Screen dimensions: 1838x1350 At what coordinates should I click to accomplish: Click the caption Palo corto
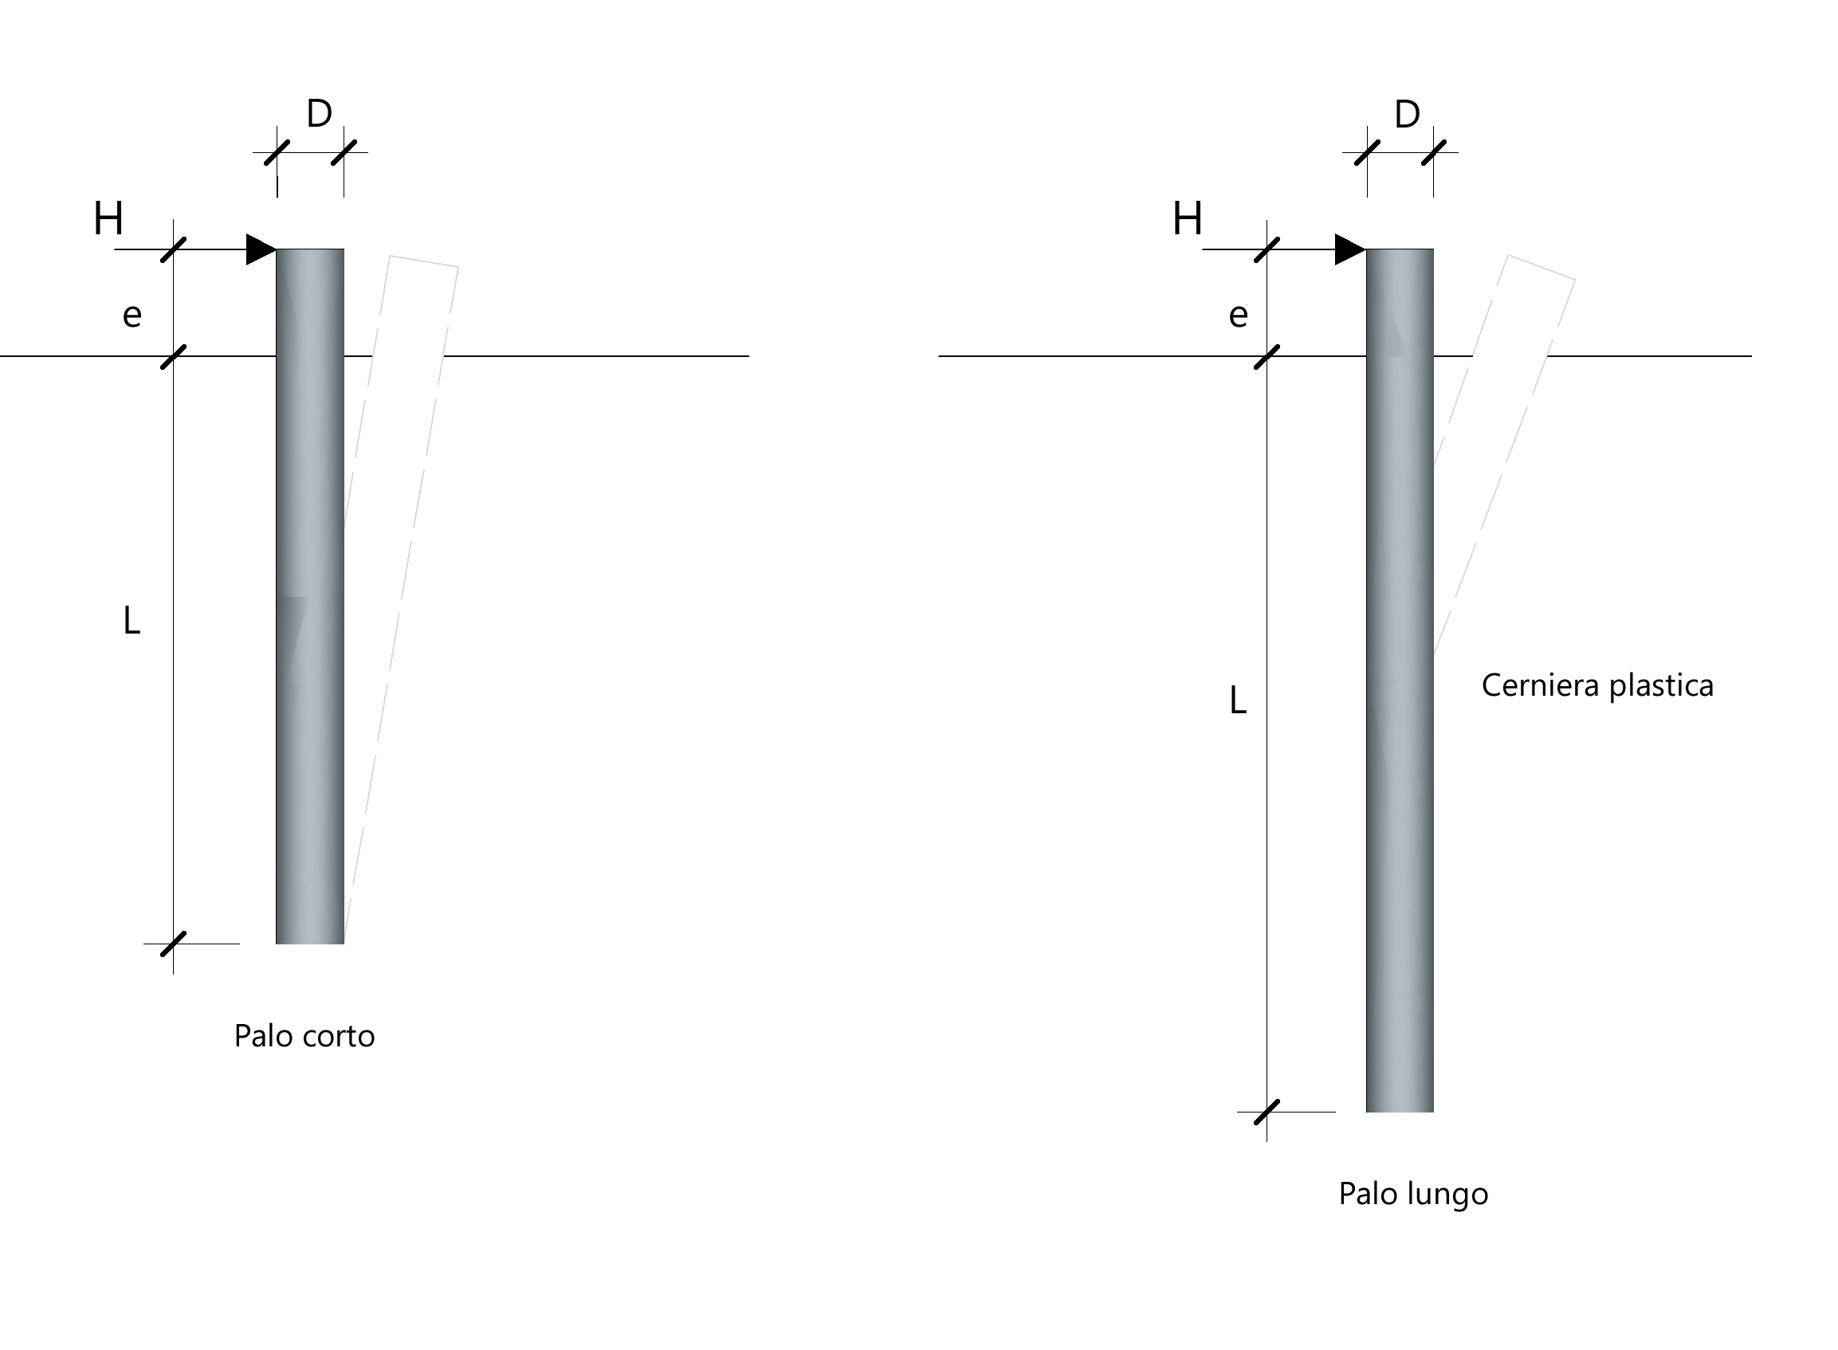coord(304,1036)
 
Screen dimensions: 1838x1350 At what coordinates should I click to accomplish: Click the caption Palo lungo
coord(1413,1195)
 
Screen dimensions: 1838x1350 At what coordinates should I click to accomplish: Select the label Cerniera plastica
coord(1597,685)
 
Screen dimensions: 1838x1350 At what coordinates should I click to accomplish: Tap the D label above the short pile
coord(319,114)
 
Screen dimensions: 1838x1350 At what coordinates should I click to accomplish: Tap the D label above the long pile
coord(1407,115)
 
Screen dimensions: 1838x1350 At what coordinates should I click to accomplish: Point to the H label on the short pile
coord(108,219)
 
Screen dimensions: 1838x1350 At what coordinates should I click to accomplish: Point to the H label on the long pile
coord(1188,219)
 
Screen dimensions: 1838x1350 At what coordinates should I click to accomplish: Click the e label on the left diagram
coord(132,316)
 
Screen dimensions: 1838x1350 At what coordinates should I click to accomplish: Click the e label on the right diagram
coord(1238,316)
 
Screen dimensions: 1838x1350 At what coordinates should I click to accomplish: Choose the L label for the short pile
coord(132,620)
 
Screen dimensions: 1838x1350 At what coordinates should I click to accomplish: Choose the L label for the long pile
coord(1238,701)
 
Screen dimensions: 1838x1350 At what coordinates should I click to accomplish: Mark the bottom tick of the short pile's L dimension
coord(173,944)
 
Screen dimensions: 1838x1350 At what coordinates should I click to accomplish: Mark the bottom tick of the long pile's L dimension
coord(1267,1113)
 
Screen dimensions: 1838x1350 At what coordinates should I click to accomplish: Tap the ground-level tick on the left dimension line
coord(173,356)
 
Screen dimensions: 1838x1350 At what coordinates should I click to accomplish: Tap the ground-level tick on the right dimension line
coord(1267,356)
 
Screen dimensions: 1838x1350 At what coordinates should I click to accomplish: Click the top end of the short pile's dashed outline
coord(423,261)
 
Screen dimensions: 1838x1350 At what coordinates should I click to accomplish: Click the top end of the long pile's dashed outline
coord(1541,267)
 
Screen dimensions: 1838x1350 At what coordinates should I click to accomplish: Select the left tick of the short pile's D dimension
coord(277,152)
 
